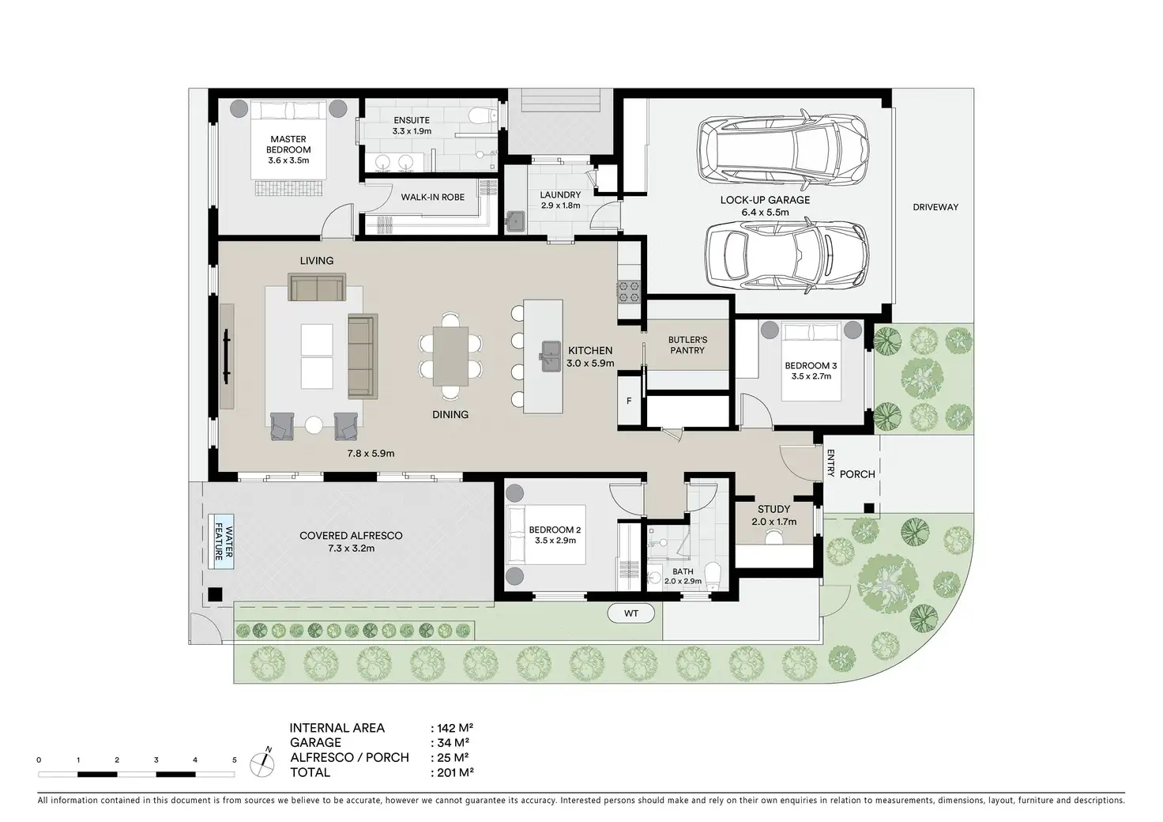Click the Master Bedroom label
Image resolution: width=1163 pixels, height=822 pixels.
tap(288, 145)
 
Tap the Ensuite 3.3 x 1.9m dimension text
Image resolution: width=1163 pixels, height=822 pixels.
tap(412, 131)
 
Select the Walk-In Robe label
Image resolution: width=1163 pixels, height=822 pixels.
tap(432, 198)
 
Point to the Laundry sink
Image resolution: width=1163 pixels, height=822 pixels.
tap(515, 221)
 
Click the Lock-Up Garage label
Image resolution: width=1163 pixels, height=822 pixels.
tap(765, 200)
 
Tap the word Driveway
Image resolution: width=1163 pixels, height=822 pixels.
tap(935, 207)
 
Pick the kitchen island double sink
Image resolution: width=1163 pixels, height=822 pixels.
tap(551, 356)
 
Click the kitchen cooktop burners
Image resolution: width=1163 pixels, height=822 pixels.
tap(629, 292)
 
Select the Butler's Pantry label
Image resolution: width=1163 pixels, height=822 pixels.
tap(687, 345)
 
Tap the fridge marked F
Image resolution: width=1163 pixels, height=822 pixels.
tap(629, 401)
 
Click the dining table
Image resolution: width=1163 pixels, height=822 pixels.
tap(450, 356)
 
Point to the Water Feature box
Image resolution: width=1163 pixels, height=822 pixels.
tap(221, 541)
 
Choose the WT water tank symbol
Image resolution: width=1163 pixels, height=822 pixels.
tap(630, 613)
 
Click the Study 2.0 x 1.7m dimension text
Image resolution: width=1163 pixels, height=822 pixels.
tap(773, 522)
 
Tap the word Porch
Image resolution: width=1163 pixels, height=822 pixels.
tap(857, 474)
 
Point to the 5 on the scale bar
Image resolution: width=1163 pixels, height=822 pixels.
tap(234, 760)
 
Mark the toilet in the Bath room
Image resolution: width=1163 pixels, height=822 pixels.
tap(713, 576)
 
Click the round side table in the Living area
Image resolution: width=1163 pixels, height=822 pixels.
tap(314, 424)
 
